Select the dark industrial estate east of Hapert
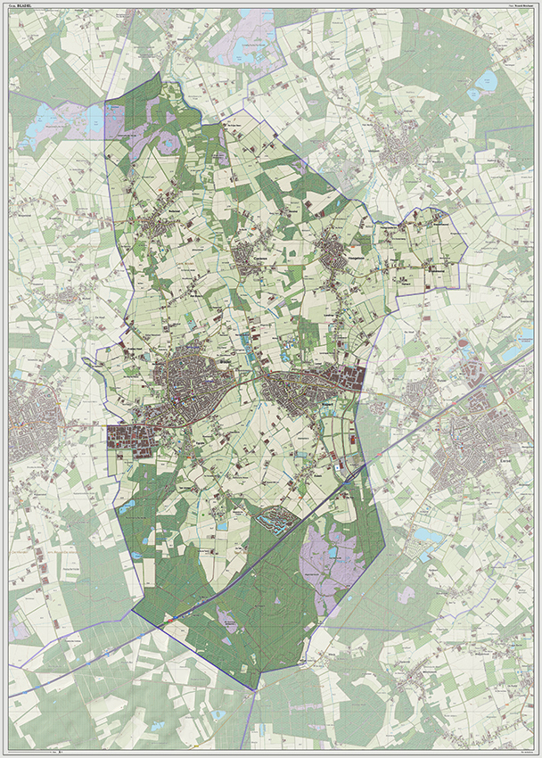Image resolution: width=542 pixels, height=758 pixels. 349,378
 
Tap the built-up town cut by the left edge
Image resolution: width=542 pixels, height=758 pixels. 27,419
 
